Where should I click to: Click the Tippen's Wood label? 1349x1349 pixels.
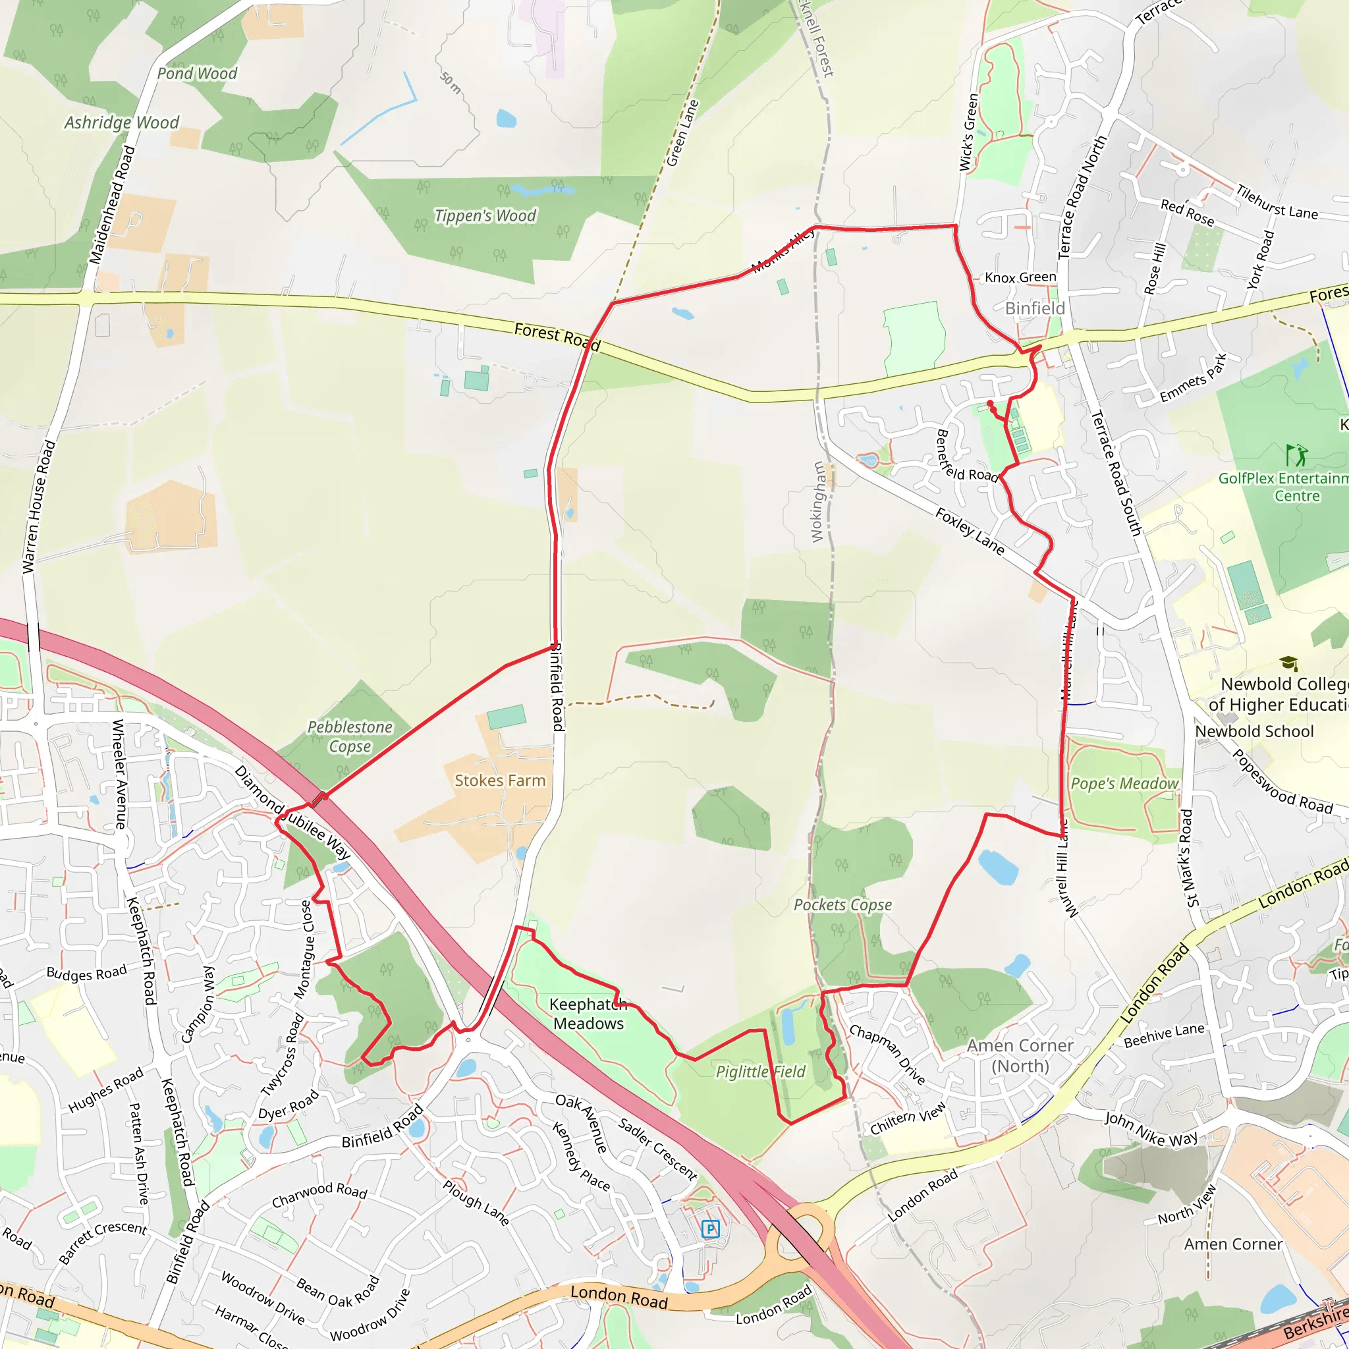[x=485, y=216]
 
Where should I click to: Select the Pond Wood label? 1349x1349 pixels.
[x=197, y=73]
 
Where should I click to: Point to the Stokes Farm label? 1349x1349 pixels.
[x=500, y=781]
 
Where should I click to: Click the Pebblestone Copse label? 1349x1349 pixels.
[x=350, y=736]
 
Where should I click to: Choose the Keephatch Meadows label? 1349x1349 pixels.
[x=588, y=1014]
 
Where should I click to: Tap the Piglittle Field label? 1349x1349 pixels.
[x=760, y=1072]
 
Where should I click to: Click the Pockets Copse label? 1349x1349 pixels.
[x=842, y=905]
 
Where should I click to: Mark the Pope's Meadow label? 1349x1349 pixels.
[x=1124, y=783]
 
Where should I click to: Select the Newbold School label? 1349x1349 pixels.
[x=1254, y=731]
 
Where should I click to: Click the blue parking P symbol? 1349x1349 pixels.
[x=710, y=1229]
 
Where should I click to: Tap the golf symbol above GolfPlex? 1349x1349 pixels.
[x=1296, y=455]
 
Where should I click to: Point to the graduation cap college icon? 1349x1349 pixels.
[x=1288, y=663]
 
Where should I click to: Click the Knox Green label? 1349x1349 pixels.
[x=1020, y=277]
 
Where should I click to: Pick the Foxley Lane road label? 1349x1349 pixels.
[x=970, y=532]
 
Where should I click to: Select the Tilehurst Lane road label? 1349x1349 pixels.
[x=1277, y=202]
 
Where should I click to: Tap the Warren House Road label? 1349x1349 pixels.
[x=38, y=507]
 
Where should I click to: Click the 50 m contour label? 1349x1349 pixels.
[x=451, y=82]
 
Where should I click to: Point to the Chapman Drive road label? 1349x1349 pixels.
[x=887, y=1055]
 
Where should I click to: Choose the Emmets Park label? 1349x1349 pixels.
[x=1193, y=379]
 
